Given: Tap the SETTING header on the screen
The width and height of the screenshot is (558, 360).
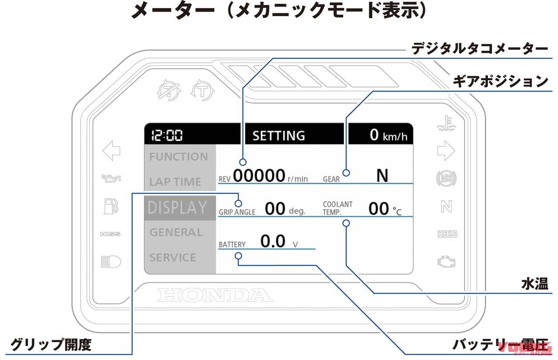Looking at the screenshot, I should coord(279,136).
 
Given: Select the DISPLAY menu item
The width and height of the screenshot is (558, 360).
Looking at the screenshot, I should coord(177,207).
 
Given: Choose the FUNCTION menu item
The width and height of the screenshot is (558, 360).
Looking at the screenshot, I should coord(179,157).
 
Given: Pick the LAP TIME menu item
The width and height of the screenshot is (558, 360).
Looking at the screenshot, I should coord(175,182).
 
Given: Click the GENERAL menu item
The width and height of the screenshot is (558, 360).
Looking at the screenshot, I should coord(176,232).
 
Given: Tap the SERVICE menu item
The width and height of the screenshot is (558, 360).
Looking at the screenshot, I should coord(173,258).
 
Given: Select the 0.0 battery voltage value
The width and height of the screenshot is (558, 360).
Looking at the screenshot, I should coord(273,241).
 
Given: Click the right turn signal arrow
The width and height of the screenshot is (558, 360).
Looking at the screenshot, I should coord(446,151).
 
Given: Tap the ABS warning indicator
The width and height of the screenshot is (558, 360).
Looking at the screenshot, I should coord(446,179).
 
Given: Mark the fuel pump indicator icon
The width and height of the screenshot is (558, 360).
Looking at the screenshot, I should coord(111,206).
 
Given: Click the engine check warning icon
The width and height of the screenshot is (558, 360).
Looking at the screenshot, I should coord(446,262).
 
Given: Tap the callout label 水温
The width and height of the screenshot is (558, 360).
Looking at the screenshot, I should coord(534,284).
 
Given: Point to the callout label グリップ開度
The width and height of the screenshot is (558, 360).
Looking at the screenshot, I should coord(51,345).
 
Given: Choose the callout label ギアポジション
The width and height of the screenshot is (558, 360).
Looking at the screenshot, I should coord(500,81).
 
